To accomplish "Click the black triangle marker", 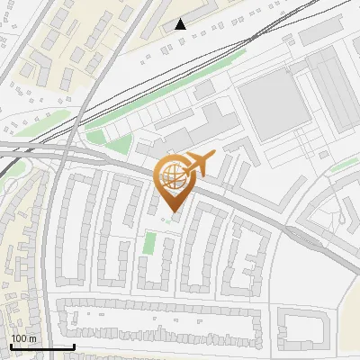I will [x=181, y=24].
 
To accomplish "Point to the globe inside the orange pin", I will [x=170, y=176].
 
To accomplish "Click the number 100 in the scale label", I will [x=19, y=337].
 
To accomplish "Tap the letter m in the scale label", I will [x=32, y=337].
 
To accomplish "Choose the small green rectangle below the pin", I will [x=149, y=243].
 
